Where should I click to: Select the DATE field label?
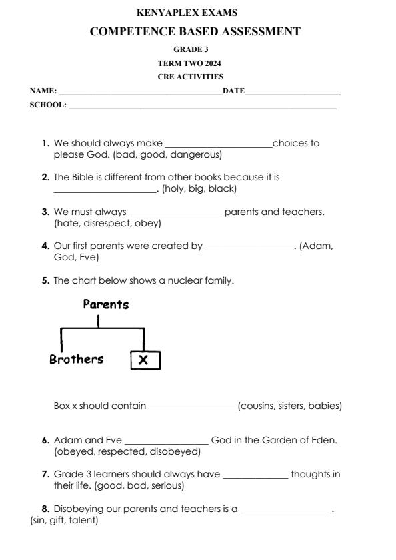(233, 91)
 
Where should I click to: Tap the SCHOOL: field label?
(47, 105)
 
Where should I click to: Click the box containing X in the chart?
(144, 360)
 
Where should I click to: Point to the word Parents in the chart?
(105, 305)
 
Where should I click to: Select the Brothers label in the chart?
(77, 360)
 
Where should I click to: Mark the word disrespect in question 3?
(103, 224)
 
